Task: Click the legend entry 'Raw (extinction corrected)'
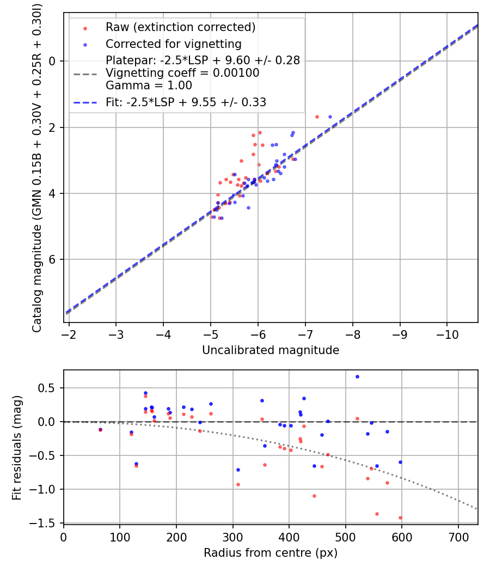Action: point(181,27)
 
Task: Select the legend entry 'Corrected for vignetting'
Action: point(174,44)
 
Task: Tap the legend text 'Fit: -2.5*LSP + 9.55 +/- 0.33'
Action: point(186,102)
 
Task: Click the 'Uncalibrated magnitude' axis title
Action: point(271,350)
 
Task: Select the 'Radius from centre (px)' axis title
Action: point(271,553)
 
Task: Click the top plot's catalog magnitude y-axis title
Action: point(37,167)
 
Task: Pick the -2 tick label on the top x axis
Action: point(69,334)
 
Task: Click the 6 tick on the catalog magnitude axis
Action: point(53,259)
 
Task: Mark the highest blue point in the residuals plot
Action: point(357,376)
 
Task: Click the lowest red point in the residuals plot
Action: point(400,518)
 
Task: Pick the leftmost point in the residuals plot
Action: point(100,429)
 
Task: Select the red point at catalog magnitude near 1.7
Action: point(317,117)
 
